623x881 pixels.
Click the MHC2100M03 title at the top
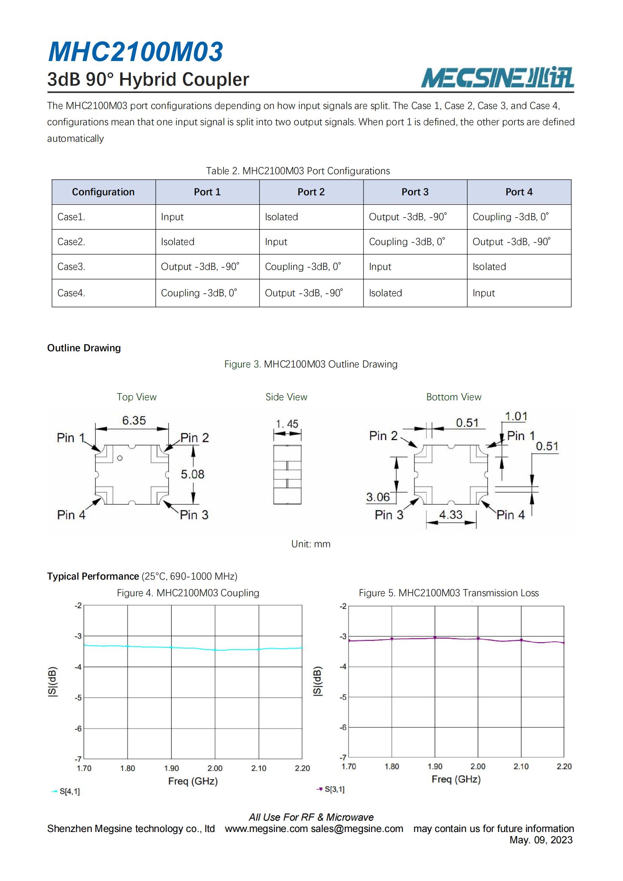pyautogui.click(x=136, y=52)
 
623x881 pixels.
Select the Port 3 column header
pyautogui.click(x=415, y=192)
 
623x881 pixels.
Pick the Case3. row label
pyautogui.click(x=71, y=266)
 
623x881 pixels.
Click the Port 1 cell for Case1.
pyautogui.click(x=172, y=217)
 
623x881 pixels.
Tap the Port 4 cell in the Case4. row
pyautogui.click(x=483, y=293)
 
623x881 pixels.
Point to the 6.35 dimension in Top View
pyautogui.click(x=134, y=421)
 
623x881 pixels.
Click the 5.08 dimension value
pyautogui.click(x=192, y=474)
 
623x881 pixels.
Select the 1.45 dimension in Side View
pyautogui.click(x=287, y=424)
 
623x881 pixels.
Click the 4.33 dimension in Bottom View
pyautogui.click(x=451, y=515)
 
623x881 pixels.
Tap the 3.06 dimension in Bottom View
pyautogui.click(x=378, y=497)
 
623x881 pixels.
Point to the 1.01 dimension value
pyautogui.click(x=516, y=416)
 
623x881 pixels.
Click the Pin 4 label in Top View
pyautogui.click(x=71, y=515)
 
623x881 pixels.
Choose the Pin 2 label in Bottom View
pyautogui.click(x=383, y=436)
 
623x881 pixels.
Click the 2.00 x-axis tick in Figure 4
pyautogui.click(x=215, y=768)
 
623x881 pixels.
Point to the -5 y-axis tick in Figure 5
pyautogui.click(x=343, y=697)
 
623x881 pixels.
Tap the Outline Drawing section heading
pyautogui.click(x=84, y=348)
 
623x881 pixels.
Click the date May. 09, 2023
pyautogui.click(x=541, y=840)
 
